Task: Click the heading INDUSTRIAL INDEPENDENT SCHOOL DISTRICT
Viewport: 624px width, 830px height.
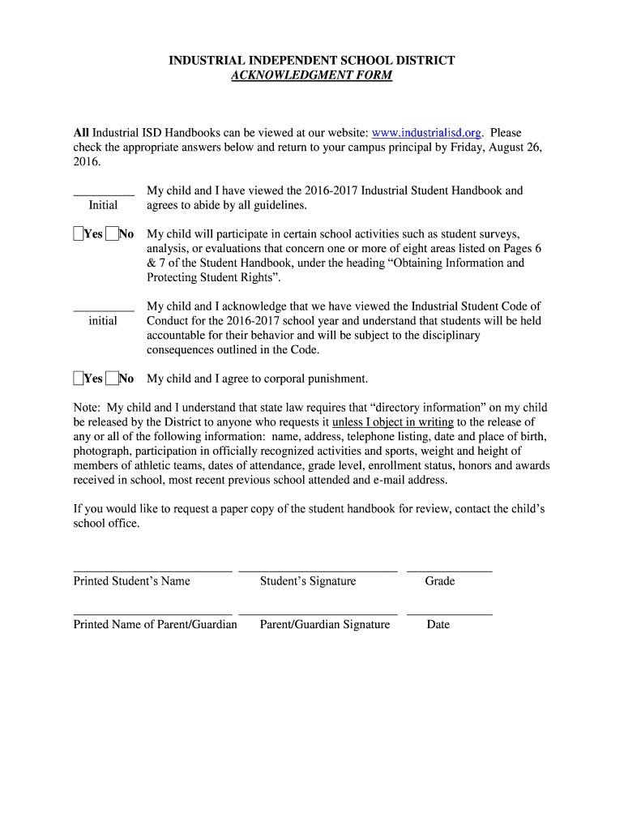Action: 311,61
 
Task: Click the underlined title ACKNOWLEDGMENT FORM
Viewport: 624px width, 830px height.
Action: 311,75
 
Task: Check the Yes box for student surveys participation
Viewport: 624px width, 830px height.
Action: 79,234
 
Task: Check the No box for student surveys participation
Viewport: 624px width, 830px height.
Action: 111,234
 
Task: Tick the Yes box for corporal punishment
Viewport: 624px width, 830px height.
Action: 79,379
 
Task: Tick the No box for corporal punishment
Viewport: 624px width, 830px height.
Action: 111,379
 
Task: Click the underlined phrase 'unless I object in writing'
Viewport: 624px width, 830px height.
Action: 393,422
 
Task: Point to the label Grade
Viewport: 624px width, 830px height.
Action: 440,581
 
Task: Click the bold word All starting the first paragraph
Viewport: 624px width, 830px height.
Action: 81,133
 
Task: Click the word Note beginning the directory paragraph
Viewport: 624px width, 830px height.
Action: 87,408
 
